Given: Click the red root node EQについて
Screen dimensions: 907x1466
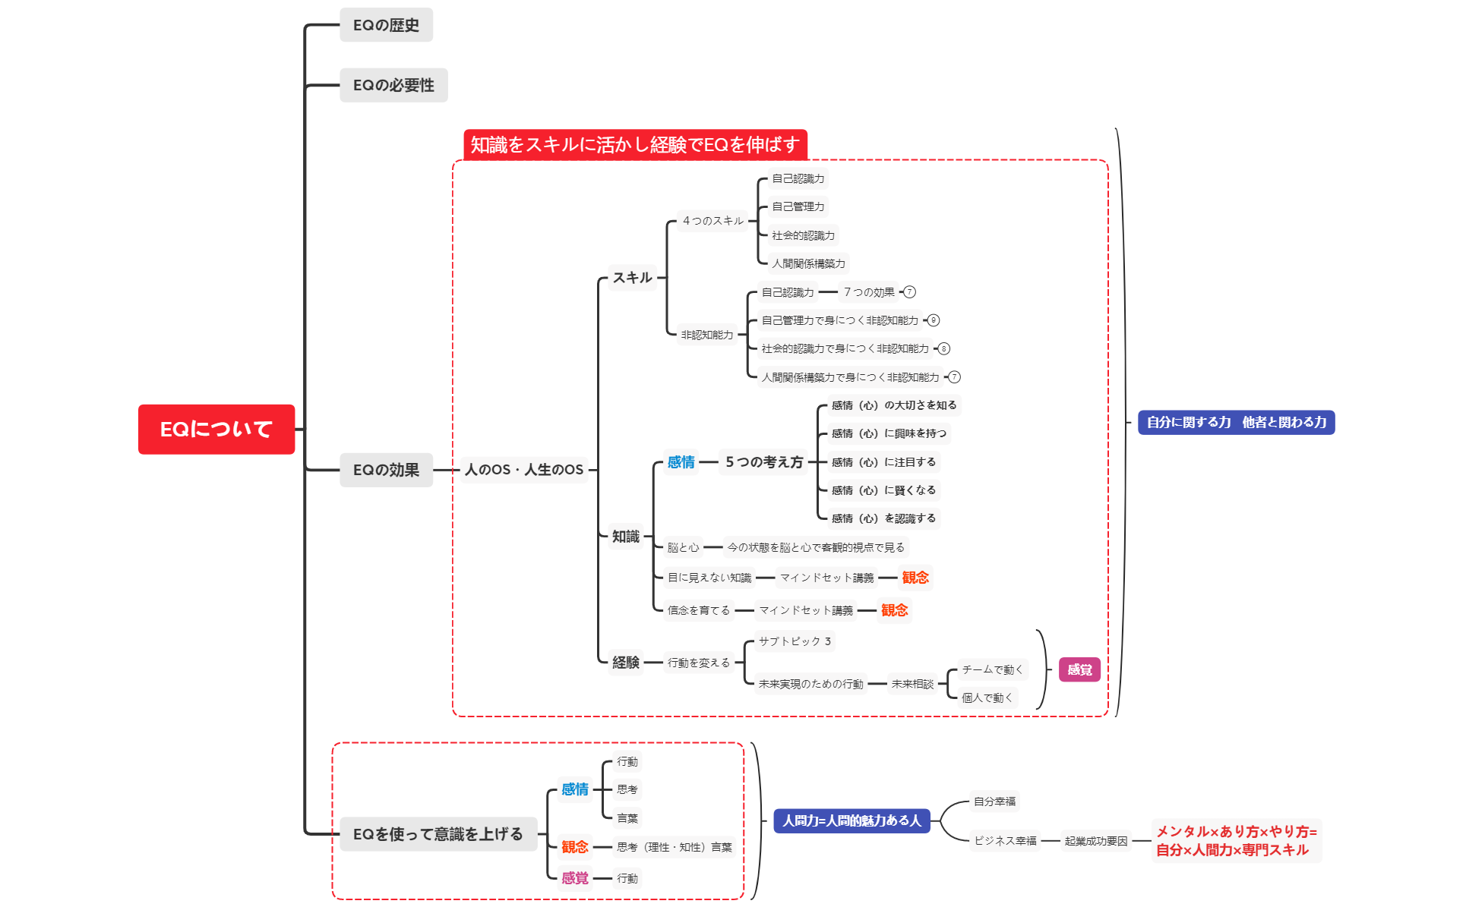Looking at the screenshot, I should pyautogui.click(x=216, y=429).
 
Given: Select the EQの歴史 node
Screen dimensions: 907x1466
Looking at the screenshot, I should pyautogui.click(x=386, y=25).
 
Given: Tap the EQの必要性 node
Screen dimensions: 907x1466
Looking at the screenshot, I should pyautogui.click(x=393, y=85).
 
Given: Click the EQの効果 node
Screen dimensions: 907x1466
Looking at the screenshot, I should pyautogui.click(x=386, y=470).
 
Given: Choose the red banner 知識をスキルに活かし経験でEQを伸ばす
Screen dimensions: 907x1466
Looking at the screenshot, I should pyautogui.click(x=635, y=144).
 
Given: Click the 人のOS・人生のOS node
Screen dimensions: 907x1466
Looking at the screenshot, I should pyautogui.click(x=524, y=470).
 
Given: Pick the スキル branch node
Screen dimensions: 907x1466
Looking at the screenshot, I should pyautogui.click(x=632, y=278).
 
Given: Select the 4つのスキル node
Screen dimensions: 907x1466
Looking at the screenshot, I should pyautogui.click(x=712, y=221).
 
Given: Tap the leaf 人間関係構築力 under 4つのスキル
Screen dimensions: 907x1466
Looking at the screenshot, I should pyautogui.click(x=808, y=263).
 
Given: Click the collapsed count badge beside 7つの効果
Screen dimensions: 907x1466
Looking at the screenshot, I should pyautogui.click(x=909, y=292).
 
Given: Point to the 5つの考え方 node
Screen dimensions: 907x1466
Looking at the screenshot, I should pyautogui.click(x=763, y=462).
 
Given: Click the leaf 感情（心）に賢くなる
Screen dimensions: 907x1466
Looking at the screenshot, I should pyautogui.click(x=883, y=490).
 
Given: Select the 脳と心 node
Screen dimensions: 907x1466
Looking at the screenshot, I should pyautogui.click(x=683, y=547).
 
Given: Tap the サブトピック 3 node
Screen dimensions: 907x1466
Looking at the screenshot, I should pyautogui.click(x=795, y=641).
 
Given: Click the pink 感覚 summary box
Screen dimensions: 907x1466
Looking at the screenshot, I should pyautogui.click(x=1079, y=669).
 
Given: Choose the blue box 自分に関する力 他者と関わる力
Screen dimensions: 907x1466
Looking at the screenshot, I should pyautogui.click(x=1236, y=422).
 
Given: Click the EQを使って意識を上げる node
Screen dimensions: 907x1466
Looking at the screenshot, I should pyautogui.click(x=438, y=834).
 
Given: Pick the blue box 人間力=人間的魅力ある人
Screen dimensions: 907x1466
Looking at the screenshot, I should pyautogui.click(x=851, y=820).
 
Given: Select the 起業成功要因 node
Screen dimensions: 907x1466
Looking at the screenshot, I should pyautogui.click(x=1095, y=841).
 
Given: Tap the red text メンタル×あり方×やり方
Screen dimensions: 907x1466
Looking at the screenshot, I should pyautogui.click(x=1236, y=832).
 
